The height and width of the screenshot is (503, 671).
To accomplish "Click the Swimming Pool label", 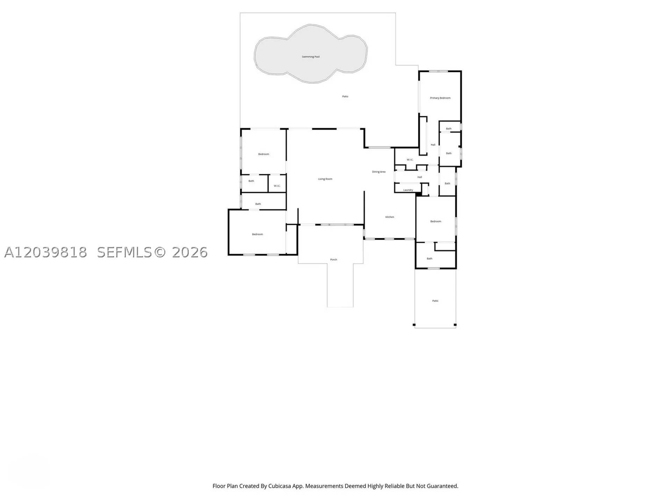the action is coord(311,57).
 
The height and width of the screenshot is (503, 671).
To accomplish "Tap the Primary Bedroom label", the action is coord(440,98).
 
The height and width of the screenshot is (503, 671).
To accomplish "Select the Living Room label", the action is coord(325,179).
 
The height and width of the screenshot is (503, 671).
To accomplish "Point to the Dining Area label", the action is coord(378,172).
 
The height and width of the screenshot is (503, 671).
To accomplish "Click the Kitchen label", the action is coord(390,217).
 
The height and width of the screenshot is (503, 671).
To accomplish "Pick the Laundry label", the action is coord(408,190).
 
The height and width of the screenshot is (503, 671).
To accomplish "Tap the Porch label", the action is coord(334,260).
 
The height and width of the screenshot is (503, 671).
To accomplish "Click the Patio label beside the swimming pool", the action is coord(345,96).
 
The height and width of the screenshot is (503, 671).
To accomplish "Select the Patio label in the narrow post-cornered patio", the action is coord(435,301).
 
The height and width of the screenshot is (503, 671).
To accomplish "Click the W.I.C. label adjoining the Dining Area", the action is coord(410,160).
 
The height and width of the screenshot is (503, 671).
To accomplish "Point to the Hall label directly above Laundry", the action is coord(420,177).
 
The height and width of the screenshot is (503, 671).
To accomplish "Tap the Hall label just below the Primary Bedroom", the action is coord(433,145).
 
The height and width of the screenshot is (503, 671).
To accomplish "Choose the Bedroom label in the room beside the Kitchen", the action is coord(435,221).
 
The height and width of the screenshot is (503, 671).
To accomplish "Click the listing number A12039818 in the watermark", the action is coord(45,252).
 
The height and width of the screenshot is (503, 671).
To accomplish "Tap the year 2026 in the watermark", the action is coord(190,252).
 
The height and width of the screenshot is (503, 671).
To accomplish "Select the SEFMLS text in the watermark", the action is coord(124,252).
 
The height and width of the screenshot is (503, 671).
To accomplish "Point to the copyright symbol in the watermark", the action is coord(160,252).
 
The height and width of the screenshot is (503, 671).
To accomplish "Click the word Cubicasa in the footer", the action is coord(280,486).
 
